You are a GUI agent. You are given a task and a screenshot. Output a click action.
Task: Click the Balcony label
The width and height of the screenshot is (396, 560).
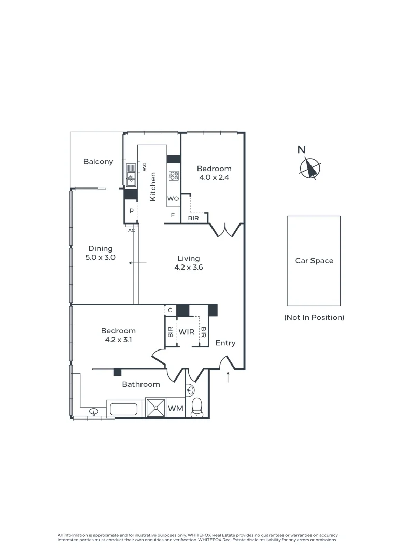click(x=98, y=162)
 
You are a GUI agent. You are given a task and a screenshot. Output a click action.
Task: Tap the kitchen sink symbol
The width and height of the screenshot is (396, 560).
click(x=131, y=174)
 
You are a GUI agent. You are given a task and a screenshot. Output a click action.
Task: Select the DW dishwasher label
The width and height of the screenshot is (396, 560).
click(x=145, y=167)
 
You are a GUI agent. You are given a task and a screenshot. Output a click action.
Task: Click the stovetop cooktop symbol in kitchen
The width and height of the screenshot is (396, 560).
click(x=174, y=176)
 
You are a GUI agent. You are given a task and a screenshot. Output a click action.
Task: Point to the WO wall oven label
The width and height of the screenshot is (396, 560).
click(x=173, y=199)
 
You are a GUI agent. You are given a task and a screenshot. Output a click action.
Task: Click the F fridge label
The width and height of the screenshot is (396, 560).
click(x=173, y=214)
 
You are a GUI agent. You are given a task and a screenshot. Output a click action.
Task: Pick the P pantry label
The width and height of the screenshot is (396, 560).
click(x=131, y=212)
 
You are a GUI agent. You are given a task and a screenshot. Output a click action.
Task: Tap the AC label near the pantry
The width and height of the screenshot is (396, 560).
click(x=131, y=230)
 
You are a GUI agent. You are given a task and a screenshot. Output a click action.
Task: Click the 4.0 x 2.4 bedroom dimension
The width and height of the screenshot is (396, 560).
click(x=214, y=177)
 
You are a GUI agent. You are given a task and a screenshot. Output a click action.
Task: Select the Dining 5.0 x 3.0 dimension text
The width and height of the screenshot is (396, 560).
click(x=100, y=257)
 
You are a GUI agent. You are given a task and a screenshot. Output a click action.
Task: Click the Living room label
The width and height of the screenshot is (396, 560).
click(x=188, y=259)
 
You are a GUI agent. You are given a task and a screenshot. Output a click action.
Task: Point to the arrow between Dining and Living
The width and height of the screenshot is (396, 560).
click(x=138, y=263)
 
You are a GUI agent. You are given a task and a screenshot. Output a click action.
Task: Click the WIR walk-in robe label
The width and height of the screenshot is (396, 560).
click(x=186, y=332)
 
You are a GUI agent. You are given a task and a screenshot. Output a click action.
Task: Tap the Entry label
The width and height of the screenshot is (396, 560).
click(x=225, y=343)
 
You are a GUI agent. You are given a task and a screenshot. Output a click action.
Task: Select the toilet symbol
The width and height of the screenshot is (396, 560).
click(x=197, y=407)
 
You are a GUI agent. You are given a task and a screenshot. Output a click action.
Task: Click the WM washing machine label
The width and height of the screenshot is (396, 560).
click(x=176, y=409)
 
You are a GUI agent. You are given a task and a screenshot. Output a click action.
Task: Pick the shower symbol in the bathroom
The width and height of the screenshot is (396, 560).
click(x=155, y=408)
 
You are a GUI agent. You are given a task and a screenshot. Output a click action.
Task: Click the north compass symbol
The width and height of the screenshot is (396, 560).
click(x=310, y=167)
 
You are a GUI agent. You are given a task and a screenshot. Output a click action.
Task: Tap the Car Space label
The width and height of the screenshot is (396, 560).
click(x=314, y=261)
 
